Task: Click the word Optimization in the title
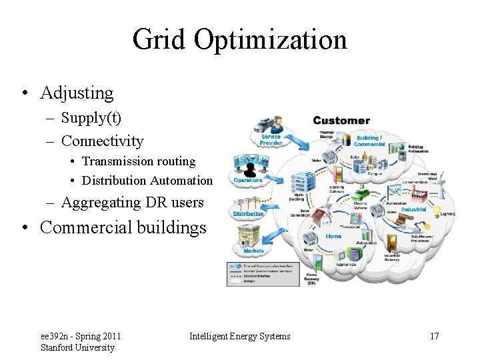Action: (x=270, y=39)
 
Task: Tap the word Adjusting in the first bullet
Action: (x=77, y=93)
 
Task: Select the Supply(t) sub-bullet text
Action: (x=91, y=118)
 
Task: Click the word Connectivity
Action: (x=102, y=141)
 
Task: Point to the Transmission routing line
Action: (x=139, y=161)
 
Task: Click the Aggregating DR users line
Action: (x=132, y=202)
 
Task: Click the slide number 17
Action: (x=434, y=336)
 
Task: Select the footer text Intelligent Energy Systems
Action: (x=240, y=336)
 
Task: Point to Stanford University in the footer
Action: (x=77, y=347)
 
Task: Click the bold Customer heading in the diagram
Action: (x=341, y=121)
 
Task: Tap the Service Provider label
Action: (x=271, y=139)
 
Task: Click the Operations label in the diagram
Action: (x=248, y=180)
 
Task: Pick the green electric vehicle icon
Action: (x=360, y=195)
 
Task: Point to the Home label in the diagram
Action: (x=333, y=236)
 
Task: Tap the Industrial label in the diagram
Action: (x=414, y=209)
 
